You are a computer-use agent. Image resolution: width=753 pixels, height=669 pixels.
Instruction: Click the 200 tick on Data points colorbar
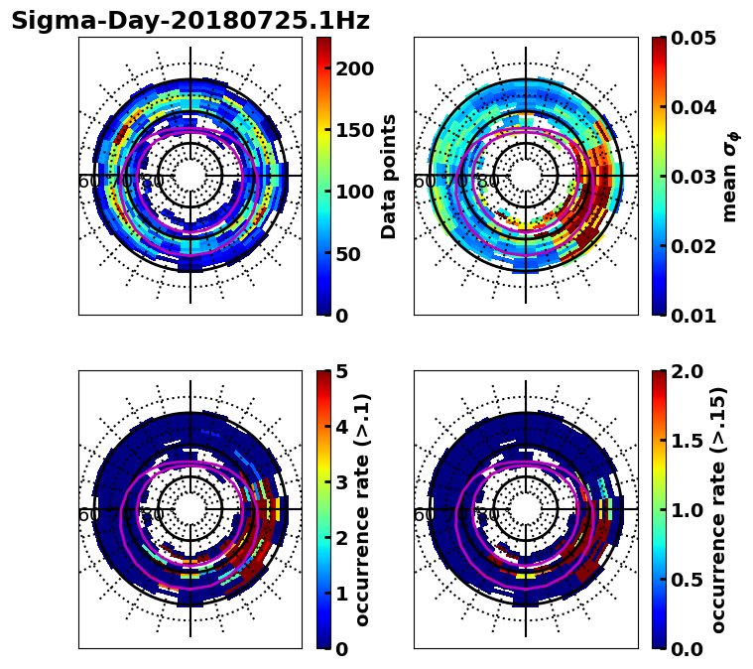pos(354,68)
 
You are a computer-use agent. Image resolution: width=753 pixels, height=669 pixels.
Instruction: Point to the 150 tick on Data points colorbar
pos(354,130)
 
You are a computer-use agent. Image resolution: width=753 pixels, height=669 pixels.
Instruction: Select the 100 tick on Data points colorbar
pos(354,192)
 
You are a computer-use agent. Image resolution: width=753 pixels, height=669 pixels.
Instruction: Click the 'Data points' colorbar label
pos(389,177)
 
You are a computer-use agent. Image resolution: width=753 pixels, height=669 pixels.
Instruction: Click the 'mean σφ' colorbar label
pos(730,177)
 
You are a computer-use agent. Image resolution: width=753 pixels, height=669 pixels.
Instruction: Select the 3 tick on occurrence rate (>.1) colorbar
pos(342,482)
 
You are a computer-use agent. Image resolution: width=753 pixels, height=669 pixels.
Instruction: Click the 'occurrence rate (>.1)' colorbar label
pos(363,510)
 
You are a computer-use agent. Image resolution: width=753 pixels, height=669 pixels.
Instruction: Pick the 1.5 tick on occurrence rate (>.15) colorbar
pos(689,441)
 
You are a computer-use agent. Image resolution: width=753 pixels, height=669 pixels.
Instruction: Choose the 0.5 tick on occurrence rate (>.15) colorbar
pos(689,580)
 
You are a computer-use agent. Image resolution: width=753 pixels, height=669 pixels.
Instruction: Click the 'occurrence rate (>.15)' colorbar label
pos(718,510)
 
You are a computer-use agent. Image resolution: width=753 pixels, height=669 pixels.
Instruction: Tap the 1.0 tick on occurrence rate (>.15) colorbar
pos(689,510)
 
